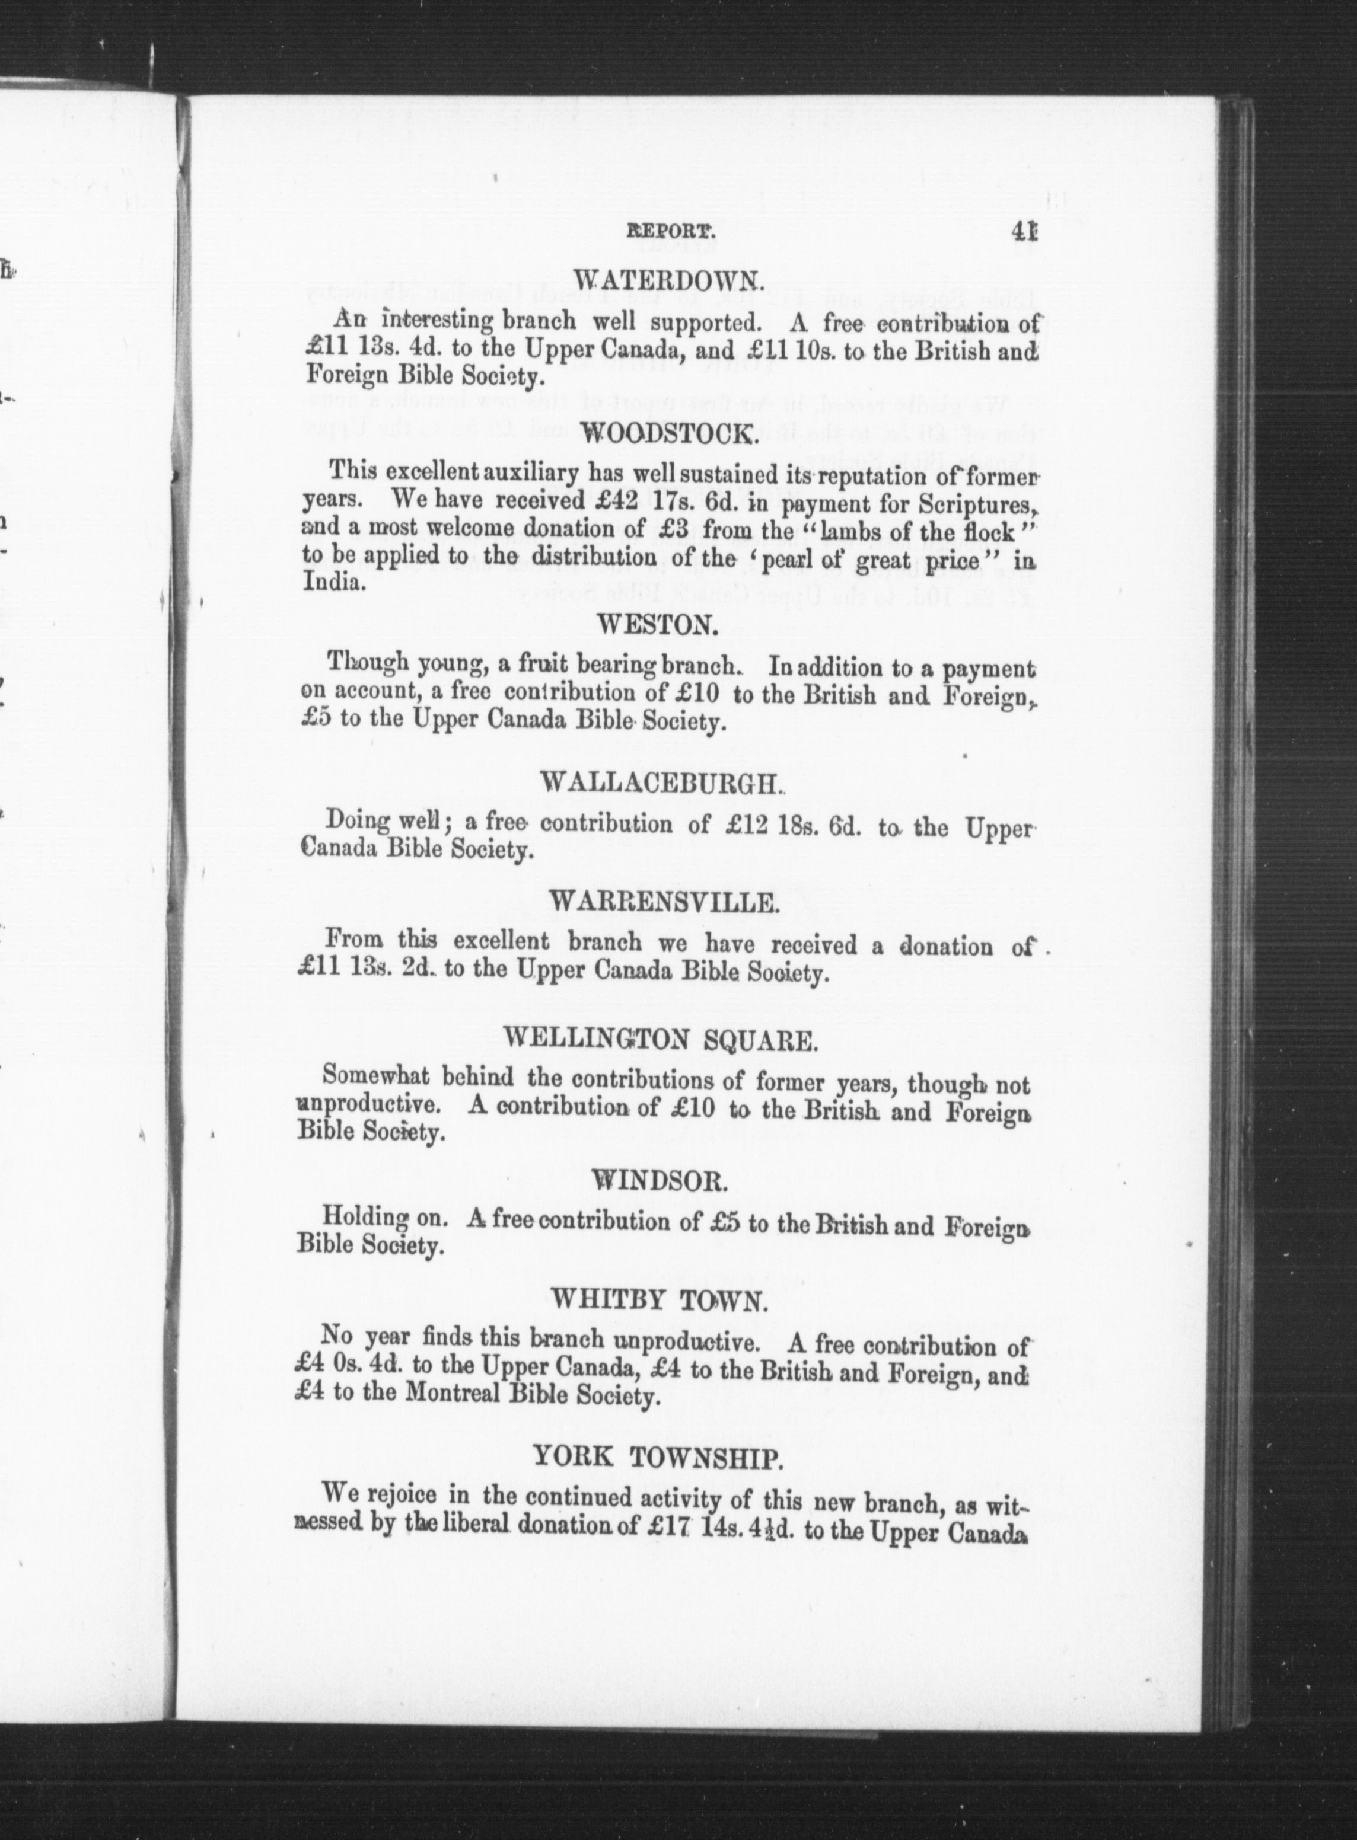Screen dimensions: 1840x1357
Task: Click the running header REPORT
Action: click(672, 233)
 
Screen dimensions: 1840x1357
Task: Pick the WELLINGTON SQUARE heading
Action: click(661, 1040)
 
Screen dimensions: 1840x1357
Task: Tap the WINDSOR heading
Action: click(660, 1180)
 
